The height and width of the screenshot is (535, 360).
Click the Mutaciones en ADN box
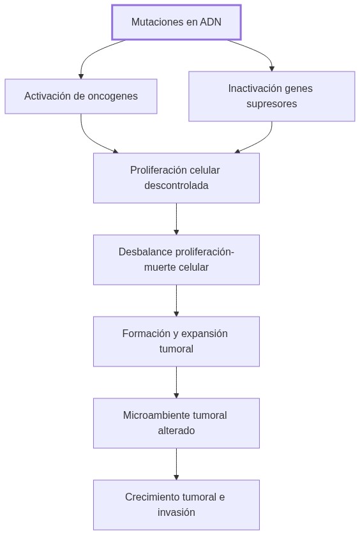click(x=176, y=22)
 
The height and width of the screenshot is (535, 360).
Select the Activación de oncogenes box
click(x=81, y=96)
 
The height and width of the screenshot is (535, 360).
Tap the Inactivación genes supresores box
click(x=271, y=96)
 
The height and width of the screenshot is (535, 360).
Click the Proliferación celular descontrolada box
click(x=176, y=178)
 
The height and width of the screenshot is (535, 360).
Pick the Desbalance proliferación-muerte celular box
click(x=176, y=260)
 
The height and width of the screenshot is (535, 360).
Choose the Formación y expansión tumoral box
click(x=176, y=342)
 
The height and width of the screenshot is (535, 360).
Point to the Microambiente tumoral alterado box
click(x=176, y=423)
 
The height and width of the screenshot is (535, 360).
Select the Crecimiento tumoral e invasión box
click(x=176, y=505)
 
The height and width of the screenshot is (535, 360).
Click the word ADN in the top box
click(x=211, y=22)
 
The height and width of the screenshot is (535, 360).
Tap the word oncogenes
click(x=113, y=96)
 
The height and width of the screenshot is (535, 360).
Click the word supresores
click(x=271, y=104)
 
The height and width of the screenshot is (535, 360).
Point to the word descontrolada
click(x=176, y=186)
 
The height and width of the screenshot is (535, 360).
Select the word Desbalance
click(x=137, y=252)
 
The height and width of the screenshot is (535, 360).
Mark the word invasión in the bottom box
click(x=176, y=513)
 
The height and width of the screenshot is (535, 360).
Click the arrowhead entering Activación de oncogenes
click(x=81, y=76)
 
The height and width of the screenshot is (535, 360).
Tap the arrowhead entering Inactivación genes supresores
click(x=271, y=68)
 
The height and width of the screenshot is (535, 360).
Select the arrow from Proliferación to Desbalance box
click(x=176, y=219)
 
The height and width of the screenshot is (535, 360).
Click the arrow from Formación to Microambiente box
click(x=176, y=382)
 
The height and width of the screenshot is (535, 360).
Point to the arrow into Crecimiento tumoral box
click(x=176, y=464)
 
